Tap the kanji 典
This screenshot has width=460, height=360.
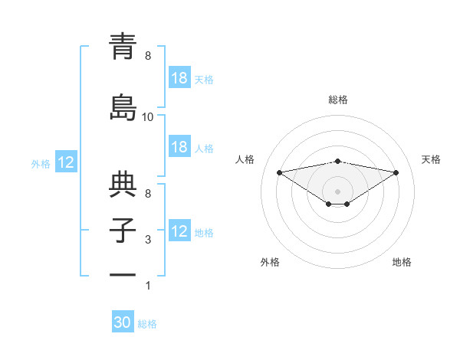[x=123, y=186]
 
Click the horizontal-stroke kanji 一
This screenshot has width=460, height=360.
[x=123, y=273]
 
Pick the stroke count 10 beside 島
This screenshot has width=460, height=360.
[x=148, y=116]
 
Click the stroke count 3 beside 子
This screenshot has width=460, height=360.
[x=148, y=240]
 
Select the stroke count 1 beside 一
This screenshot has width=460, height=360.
[x=148, y=286]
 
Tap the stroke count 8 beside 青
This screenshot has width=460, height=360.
[x=148, y=56]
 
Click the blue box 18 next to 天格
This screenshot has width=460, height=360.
[x=179, y=78]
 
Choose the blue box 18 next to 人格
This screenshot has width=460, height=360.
[x=179, y=147]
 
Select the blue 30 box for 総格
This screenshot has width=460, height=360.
[x=123, y=322]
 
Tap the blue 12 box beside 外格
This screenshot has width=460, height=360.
[x=65, y=162]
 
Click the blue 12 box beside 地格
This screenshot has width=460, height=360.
[x=179, y=231]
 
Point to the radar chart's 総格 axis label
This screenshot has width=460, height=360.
[x=338, y=100]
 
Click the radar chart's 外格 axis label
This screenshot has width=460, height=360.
[x=270, y=262]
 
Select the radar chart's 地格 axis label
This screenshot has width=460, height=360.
[x=402, y=262]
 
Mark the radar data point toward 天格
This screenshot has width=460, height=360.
[x=396, y=172]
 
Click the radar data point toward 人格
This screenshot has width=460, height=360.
[x=279, y=172]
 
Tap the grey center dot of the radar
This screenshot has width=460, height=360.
[x=337, y=190]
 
